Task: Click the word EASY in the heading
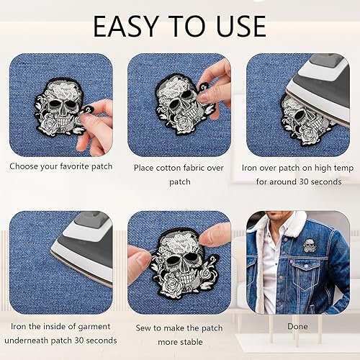click(x=125, y=26)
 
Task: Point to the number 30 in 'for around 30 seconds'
click(x=304, y=181)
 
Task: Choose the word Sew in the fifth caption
click(x=143, y=328)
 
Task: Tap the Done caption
click(x=297, y=326)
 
